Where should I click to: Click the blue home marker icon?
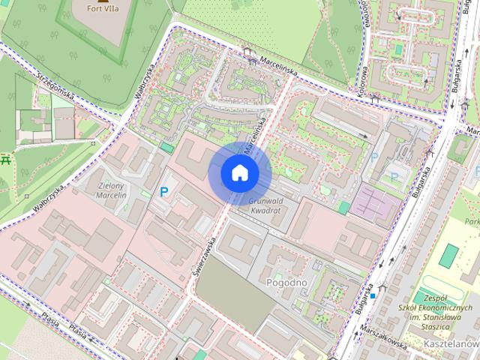pos(239,172)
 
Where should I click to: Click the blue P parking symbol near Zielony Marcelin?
pos(163,192)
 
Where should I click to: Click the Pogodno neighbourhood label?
pos(287,283)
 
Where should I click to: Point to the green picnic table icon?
pos(7,159)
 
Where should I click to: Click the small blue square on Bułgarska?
pos(372,295)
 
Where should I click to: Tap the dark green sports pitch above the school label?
pos(448,255)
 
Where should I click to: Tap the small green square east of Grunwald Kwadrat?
pos(343,207)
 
